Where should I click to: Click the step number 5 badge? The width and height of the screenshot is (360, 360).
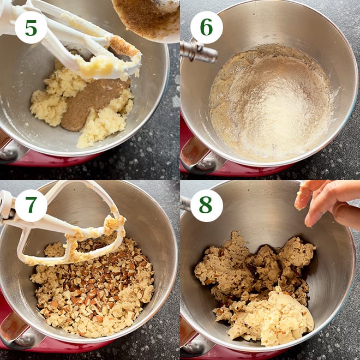point(31,27)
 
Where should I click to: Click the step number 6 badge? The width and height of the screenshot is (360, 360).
point(206,27)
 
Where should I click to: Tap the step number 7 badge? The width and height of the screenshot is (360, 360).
point(31,205)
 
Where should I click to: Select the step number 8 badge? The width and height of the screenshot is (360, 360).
point(206,205)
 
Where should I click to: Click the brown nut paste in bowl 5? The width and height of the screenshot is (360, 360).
point(90,104)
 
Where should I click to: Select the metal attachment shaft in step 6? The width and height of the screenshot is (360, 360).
point(198,51)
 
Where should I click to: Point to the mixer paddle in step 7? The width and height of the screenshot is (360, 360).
point(65,235)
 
